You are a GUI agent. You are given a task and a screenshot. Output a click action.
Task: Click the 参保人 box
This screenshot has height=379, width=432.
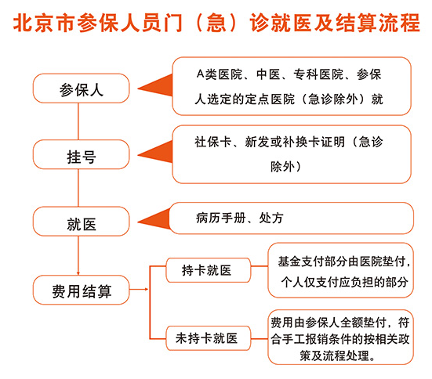81,88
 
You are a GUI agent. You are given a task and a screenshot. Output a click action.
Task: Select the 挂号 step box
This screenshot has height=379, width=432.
81,154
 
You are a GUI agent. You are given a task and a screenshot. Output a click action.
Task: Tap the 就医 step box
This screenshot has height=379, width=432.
81,222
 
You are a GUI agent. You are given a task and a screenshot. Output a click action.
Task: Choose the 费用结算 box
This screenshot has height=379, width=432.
81,290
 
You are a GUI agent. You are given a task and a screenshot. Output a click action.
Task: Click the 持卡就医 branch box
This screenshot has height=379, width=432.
209,270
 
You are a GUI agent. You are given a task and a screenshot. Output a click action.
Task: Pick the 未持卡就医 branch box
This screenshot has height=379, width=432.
209,338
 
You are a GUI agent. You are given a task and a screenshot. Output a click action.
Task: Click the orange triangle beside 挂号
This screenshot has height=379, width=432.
155,152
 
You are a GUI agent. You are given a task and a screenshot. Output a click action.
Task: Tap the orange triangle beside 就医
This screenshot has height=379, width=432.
154,219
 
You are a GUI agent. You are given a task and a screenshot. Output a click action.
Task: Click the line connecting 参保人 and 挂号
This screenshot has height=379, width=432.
78,121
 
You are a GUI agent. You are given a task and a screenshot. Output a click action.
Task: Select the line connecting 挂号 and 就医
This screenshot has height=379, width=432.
78,188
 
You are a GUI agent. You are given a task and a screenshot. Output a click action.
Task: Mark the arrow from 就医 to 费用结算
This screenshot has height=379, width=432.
78,255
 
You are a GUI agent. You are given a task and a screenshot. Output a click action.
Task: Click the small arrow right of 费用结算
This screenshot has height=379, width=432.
139,289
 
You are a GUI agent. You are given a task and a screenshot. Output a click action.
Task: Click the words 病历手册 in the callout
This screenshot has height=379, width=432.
220,218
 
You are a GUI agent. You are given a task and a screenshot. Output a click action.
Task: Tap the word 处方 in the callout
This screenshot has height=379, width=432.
271,218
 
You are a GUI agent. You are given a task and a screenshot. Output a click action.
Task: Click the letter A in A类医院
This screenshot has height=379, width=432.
200,74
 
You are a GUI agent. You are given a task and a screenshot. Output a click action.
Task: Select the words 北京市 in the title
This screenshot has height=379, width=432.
44,23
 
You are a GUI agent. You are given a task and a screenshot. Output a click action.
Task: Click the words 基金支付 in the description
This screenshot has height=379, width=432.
301,262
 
